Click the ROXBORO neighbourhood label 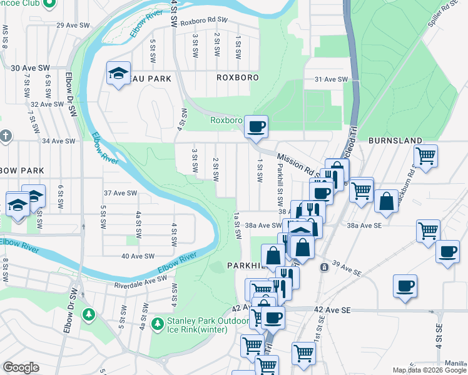233,78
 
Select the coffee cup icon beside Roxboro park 255,127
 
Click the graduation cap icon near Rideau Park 118,74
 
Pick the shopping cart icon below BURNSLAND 425,155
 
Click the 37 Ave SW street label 120,193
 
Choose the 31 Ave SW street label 330,79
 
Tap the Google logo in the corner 21,367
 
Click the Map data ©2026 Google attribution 429,370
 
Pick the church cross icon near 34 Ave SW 5,136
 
